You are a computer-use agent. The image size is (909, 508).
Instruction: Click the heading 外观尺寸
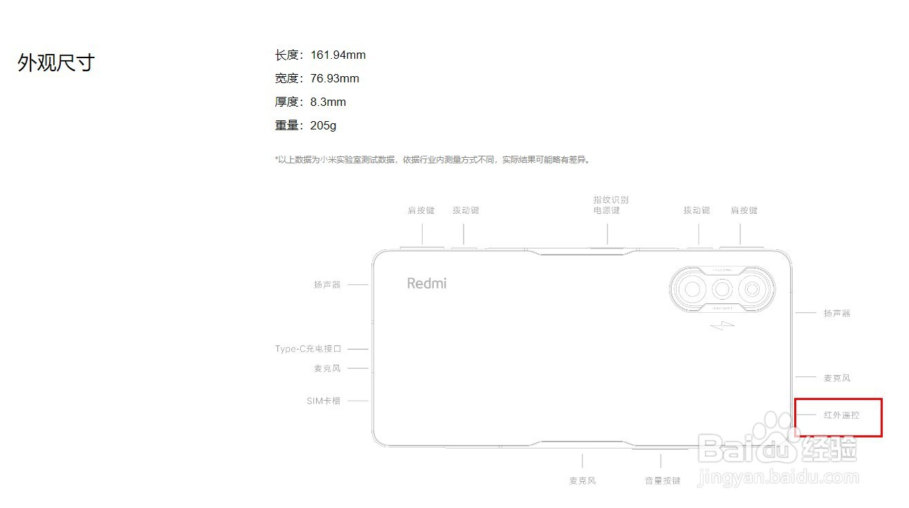point(55,63)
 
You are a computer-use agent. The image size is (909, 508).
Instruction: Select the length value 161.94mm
point(338,55)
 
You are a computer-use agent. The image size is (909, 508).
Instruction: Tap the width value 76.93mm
point(335,79)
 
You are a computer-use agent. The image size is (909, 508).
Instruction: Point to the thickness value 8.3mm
point(328,102)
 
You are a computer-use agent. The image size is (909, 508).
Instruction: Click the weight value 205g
point(323,126)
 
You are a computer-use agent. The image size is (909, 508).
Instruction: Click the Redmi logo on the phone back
point(427,283)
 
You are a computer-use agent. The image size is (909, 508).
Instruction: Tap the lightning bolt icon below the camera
point(722,325)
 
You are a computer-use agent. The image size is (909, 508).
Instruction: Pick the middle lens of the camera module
point(723,289)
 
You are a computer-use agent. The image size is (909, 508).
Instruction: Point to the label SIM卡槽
point(324,401)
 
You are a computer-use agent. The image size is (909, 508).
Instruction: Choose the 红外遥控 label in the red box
point(841,415)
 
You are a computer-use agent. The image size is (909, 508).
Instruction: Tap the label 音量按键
point(663,480)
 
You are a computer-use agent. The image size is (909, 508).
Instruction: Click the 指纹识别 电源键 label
point(611,205)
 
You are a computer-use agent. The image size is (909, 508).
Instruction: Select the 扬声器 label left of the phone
point(327,284)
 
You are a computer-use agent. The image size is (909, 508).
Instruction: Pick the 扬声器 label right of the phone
point(837,314)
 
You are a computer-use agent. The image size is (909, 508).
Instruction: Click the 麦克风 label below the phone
point(582,480)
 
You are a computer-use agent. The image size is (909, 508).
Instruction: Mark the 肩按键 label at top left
point(421,210)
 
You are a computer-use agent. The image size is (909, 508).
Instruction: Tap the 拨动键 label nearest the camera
point(697,210)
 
